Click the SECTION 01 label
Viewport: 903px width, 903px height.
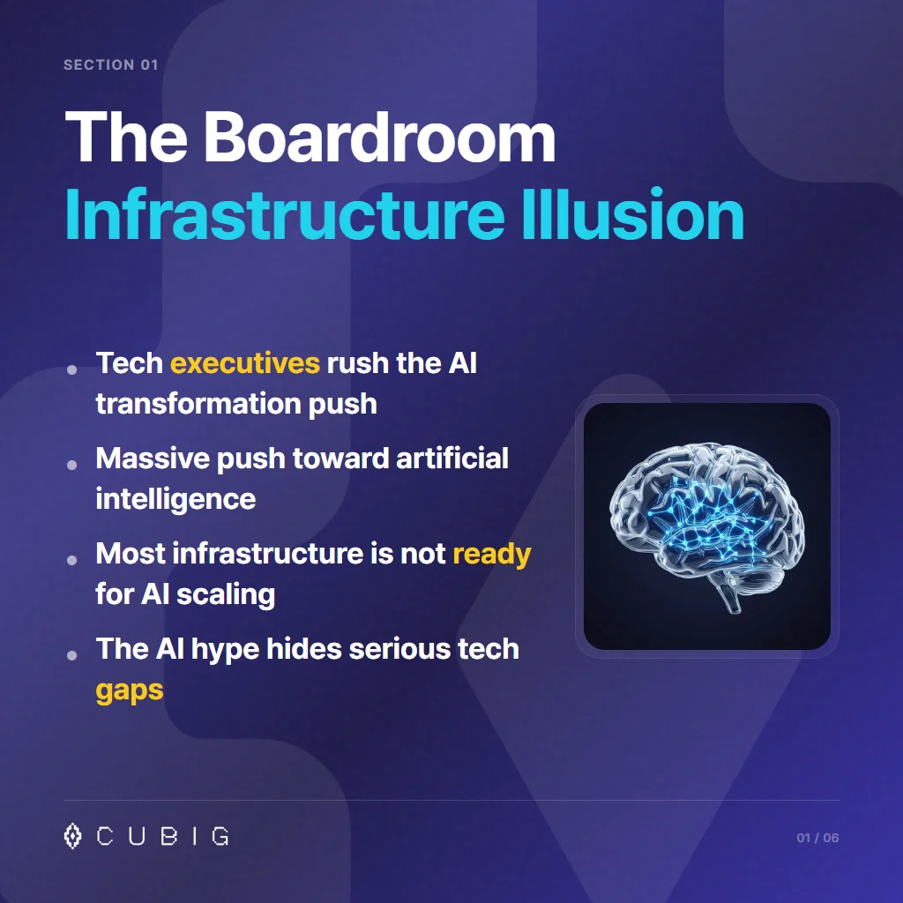coord(111,65)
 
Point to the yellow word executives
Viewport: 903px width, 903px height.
coord(244,363)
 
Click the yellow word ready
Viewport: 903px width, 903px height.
coord(491,554)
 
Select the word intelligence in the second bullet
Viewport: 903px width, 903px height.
coord(175,499)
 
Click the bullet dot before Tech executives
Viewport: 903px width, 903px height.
coord(72,369)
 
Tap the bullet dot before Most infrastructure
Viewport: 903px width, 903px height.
coord(72,559)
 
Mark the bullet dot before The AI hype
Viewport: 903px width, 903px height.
coord(72,654)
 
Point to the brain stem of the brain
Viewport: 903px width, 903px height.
coord(727,601)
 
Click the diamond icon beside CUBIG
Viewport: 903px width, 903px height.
coord(73,836)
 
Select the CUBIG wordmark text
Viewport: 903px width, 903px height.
coord(163,837)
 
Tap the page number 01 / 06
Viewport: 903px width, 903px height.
coord(817,838)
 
